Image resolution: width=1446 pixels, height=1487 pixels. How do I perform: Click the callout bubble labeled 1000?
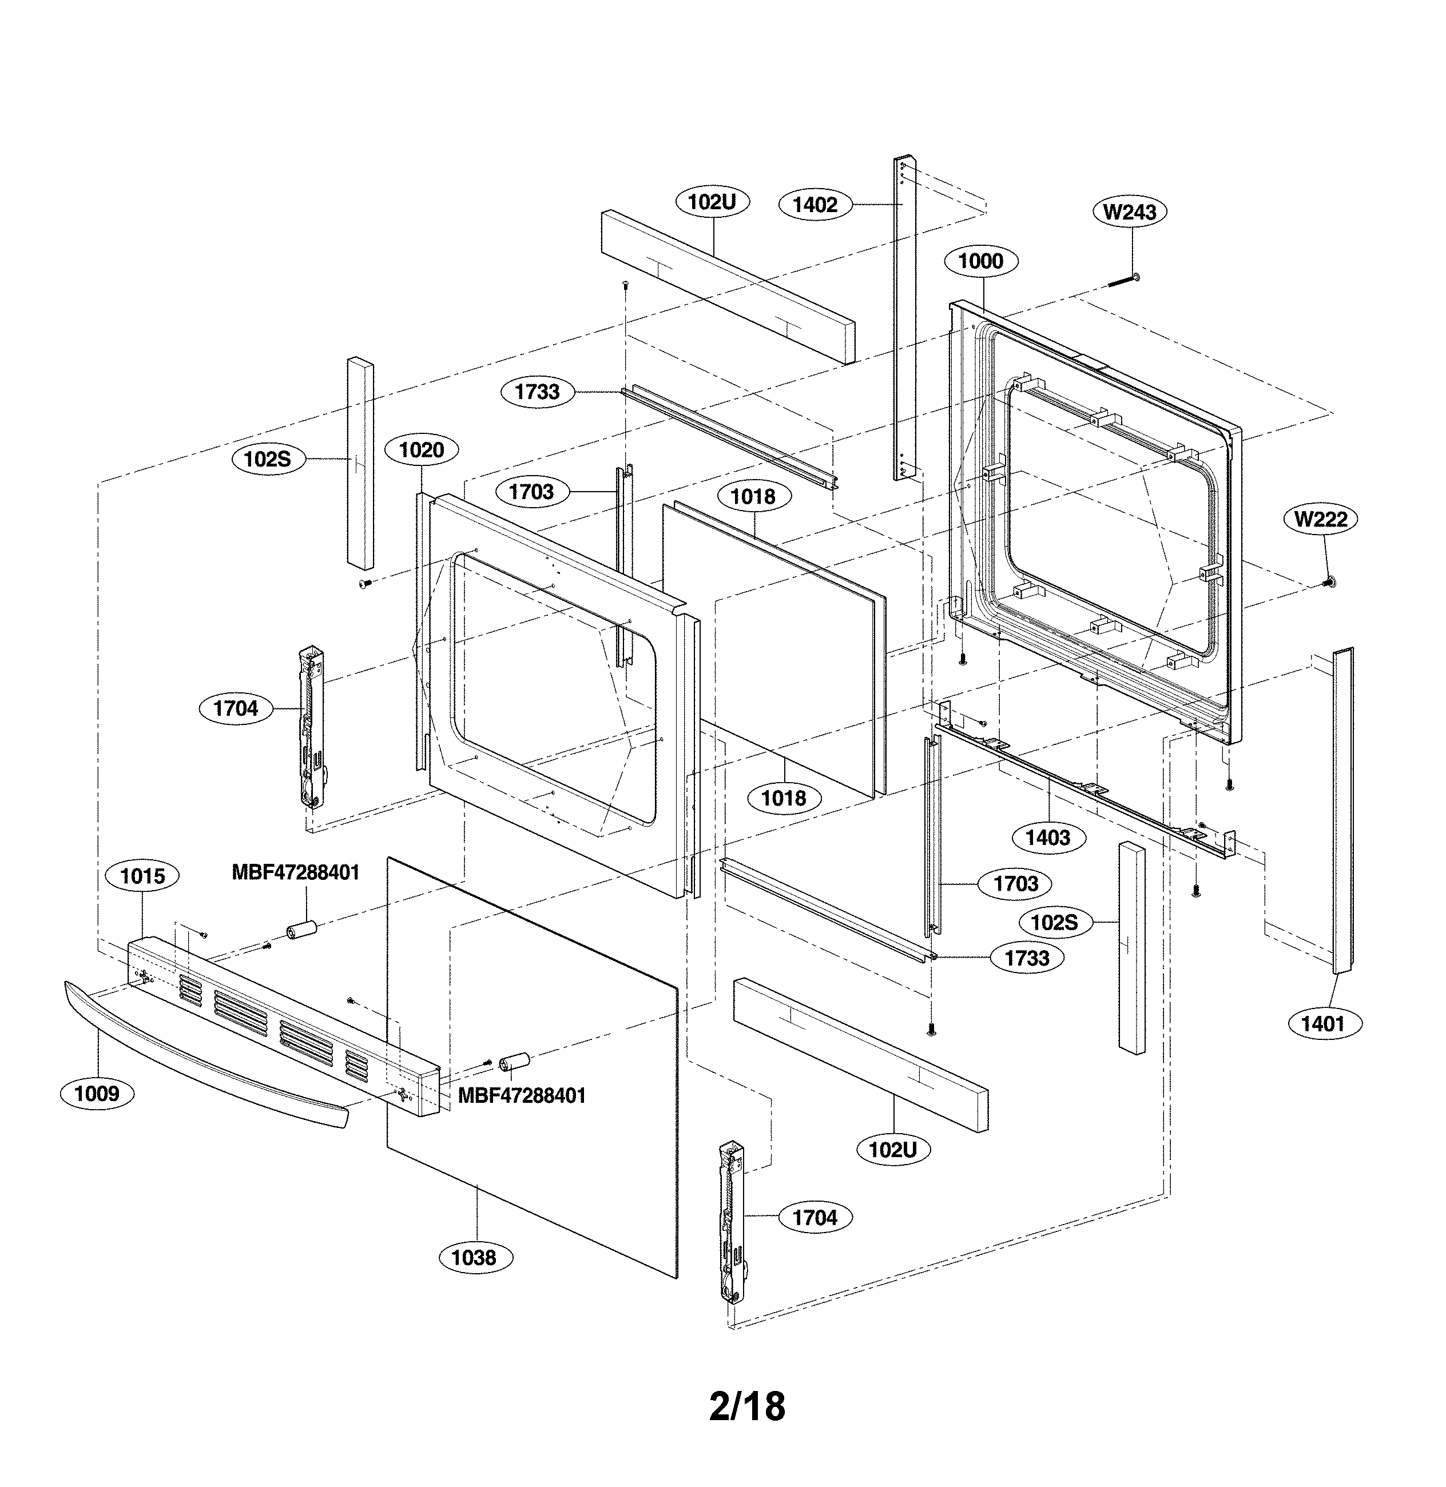click(980, 261)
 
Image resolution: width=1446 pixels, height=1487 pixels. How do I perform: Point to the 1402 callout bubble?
click(815, 205)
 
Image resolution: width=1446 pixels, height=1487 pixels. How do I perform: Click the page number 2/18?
click(746, 1406)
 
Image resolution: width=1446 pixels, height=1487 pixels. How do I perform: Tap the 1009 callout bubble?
click(97, 1094)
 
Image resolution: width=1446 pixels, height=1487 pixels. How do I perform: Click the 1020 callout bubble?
click(422, 450)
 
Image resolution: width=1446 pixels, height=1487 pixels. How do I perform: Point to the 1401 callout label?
click(1323, 1024)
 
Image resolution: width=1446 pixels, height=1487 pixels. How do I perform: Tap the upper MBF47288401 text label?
click(295, 872)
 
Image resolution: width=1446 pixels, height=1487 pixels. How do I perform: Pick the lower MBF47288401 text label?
click(522, 1095)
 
